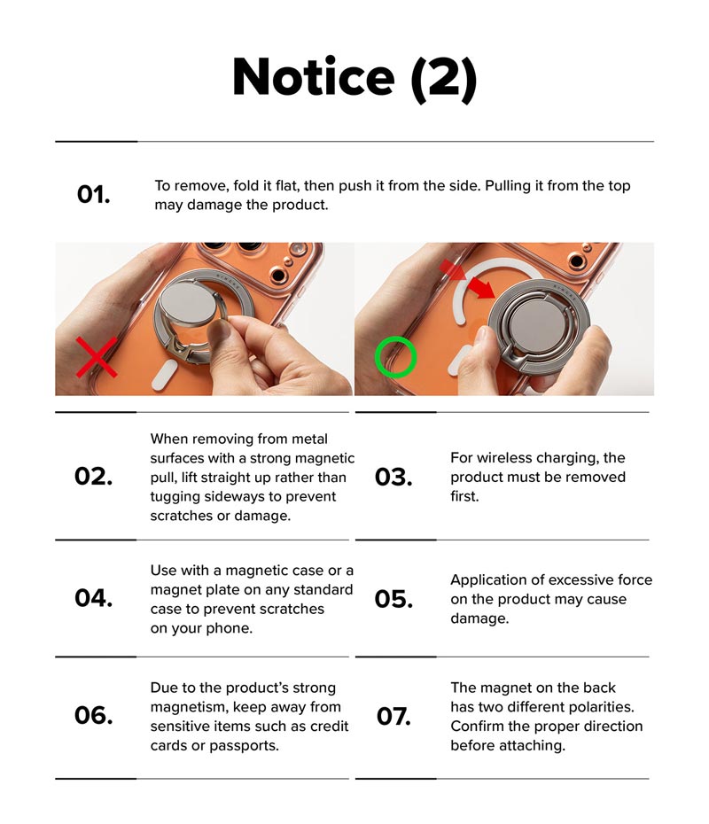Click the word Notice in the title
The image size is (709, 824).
tap(312, 77)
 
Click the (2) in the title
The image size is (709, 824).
tap(443, 78)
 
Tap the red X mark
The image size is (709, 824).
tap(95, 356)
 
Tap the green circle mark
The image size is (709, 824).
tap(395, 357)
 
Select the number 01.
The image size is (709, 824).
tap(94, 195)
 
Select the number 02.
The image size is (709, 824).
tap(93, 477)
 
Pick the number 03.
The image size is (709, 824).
tap(393, 478)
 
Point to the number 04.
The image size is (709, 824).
tap(93, 598)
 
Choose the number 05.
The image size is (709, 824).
tap(393, 599)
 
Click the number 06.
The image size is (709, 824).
tap(93, 715)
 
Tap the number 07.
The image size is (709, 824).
tap(393, 716)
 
